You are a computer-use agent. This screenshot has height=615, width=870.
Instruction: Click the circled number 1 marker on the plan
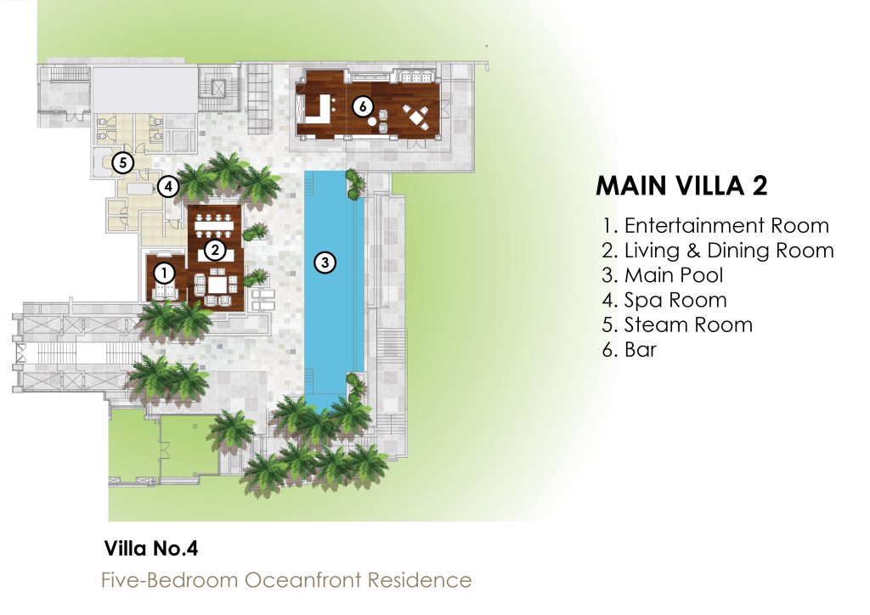click(x=164, y=273)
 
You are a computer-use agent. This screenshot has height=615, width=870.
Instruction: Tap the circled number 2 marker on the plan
click(x=214, y=251)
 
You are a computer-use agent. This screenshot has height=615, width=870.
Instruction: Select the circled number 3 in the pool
click(x=325, y=262)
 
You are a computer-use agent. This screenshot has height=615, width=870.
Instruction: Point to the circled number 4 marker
click(x=168, y=186)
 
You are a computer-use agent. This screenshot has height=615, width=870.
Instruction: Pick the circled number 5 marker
click(x=122, y=163)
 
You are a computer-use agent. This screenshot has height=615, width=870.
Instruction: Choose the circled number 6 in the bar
click(x=363, y=105)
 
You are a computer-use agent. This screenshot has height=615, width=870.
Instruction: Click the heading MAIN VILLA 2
click(x=682, y=186)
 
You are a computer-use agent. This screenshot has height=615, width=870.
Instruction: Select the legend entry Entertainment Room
click(x=715, y=226)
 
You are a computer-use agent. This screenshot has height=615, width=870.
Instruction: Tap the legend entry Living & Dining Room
click(x=718, y=251)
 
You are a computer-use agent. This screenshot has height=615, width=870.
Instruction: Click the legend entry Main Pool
click(x=663, y=275)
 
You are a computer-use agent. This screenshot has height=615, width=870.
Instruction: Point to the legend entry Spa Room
click(x=664, y=300)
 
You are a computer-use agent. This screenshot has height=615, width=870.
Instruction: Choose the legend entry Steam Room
click(x=677, y=325)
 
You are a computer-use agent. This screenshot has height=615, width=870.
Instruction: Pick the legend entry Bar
click(x=630, y=350)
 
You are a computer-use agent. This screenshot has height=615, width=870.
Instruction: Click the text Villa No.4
click(x=151, y=549)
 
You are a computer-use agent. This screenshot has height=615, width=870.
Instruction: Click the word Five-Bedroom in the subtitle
click(x=170, y=580)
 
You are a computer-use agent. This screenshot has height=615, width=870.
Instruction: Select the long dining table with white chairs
click(x=214, y=226)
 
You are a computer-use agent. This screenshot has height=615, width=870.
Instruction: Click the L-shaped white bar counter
click(x=319, y=109)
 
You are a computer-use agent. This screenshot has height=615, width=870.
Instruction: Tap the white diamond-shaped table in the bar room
click(x=416, y=117)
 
